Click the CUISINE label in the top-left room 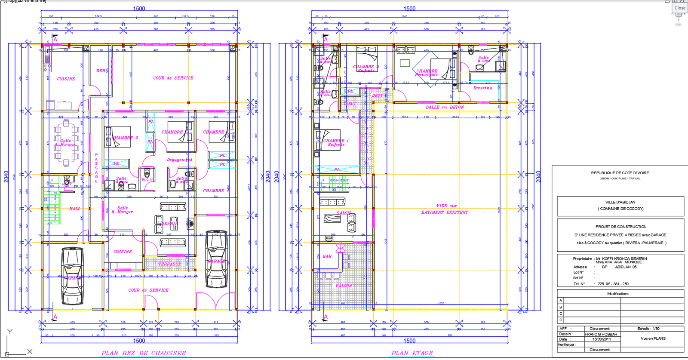click(x=66, y=79)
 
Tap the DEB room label click(x=101, y=71)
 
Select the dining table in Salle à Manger click(x=66, y=143)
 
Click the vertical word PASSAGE click(x=96, y=168)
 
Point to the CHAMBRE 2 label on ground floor click(x=126, y=138)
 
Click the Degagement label click(x=180, y=160)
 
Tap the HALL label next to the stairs click(x=75, y=209)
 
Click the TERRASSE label click(x=169, y=264)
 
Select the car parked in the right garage click(x=216, y=259)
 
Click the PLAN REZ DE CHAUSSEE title click(x=144, y=353)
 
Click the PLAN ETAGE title click(x=412, y=353)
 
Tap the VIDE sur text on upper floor click(x=446, y=206)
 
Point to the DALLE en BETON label click(x=445, y=107)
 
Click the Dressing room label click(x=482, y=88)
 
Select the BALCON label click(x=344, y=286)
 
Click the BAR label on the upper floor click(x=327, y=256)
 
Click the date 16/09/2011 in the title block click(x=602, y=339)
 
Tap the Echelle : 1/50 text click(x=648, y=329)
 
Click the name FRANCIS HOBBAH click(x=601, y=334)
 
